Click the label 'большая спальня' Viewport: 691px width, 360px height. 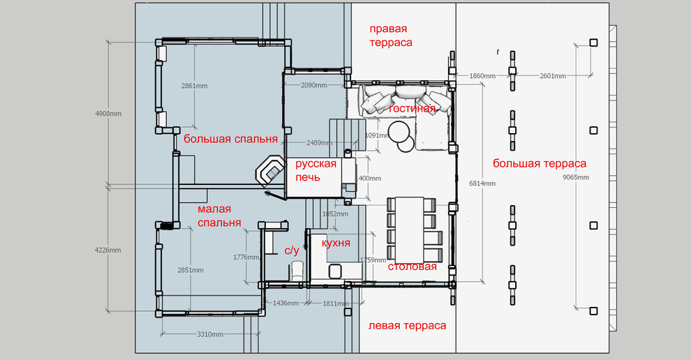pos(230,140)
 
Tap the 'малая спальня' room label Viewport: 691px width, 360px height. pos(219,216)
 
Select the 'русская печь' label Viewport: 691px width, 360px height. pos(315,170)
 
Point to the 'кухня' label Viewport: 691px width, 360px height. pos(336,243)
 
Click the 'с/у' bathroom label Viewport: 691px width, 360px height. pos(292,250)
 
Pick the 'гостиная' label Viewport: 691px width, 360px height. pos(412,108)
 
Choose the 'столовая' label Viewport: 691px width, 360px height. pos(412,267)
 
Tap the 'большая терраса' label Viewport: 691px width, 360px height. pos(540,164)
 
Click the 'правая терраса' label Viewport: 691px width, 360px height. pos(391,36)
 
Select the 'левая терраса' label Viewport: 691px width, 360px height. pos(407,326)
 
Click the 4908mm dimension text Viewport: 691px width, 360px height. pos(108,114)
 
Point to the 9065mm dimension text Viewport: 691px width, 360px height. pos(576,178)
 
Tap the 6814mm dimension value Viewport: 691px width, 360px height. pos(482,183)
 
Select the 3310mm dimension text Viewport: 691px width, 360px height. pos(210,334)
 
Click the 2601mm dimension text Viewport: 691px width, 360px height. pos(553,76)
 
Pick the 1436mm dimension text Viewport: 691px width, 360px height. pos(285,303)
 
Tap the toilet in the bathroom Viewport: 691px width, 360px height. pos(297,270)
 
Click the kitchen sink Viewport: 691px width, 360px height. pos(335,271)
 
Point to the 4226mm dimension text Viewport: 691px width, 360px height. pos(108,250)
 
